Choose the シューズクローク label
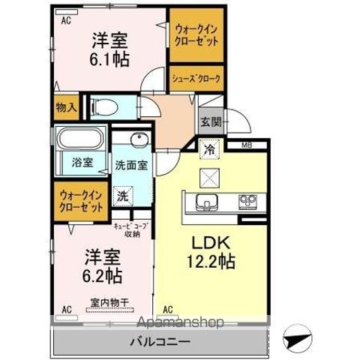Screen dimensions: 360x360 click(197, 76)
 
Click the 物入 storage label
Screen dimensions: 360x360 click(66, 108)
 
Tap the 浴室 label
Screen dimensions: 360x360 click(82, 162)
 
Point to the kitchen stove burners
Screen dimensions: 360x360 click(247, 200)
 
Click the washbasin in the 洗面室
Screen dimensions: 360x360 click(137, 142)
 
